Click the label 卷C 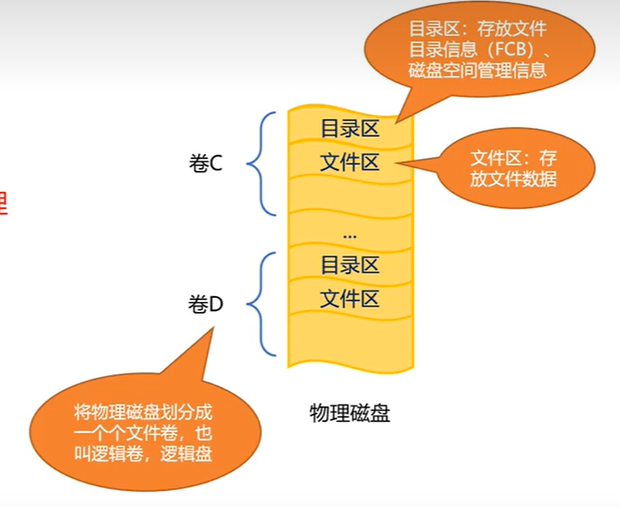[205, 163]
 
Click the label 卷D [205, 304]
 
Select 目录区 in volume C [350, 129]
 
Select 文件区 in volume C [350, 162]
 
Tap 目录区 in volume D [350, 266]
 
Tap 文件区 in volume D [350, 298]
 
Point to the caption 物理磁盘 [350, 413]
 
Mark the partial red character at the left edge [3, 203]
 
